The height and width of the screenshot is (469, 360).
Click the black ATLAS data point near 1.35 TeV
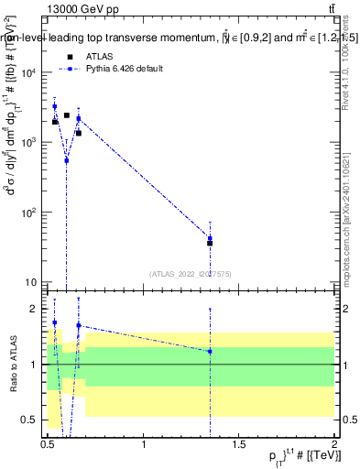(x=210, y=243)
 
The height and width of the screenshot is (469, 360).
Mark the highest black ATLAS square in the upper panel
(x=67, y=115)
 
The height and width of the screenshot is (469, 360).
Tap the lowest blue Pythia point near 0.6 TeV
(x=67, y=160)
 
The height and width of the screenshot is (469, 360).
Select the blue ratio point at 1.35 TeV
(x=210, y=351)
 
